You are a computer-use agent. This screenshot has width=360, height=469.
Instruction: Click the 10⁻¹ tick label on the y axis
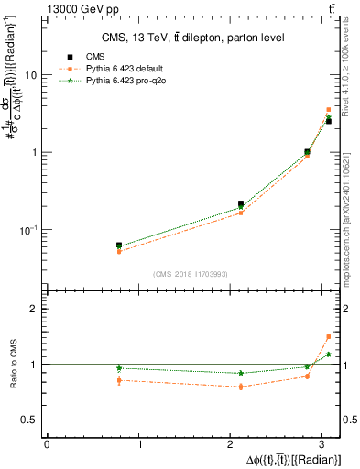point(29,229)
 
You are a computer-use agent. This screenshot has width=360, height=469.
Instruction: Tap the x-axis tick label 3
point(327,444)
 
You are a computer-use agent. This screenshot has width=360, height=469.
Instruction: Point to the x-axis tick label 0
point(47,444)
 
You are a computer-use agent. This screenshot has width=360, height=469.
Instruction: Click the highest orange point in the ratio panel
point(328,336)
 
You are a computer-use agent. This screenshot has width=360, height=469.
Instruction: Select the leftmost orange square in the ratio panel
point(119,380)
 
